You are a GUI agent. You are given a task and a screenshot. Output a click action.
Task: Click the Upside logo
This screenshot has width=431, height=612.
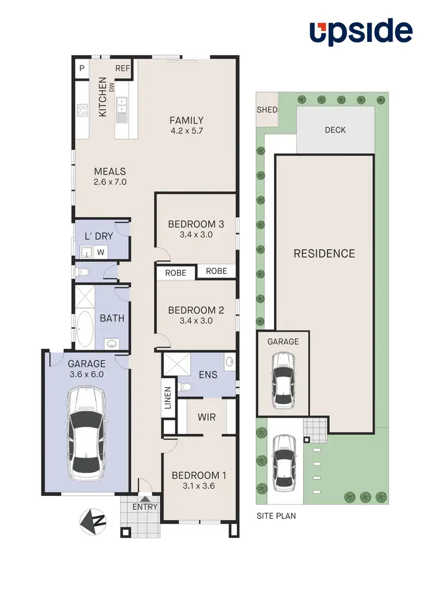(361, 32)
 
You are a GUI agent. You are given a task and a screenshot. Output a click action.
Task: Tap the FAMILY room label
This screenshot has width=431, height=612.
(186, 120)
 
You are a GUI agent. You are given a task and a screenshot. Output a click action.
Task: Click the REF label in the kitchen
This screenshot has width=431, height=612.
(123, 68)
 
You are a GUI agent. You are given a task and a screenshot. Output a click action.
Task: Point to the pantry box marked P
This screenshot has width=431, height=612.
(82, 68)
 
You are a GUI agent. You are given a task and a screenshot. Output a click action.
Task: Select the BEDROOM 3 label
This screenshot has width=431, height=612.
(196, 224)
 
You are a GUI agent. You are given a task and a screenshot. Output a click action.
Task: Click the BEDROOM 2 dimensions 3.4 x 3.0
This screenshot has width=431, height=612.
(196, 321)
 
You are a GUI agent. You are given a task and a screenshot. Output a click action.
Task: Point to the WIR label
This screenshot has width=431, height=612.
(206, 417)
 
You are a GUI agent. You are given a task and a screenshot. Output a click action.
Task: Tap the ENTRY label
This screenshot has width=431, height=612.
(144, 506)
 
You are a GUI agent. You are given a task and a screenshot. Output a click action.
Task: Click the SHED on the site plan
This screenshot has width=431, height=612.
(267, 110)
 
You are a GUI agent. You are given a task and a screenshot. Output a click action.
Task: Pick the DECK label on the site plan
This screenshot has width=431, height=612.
(335, 130)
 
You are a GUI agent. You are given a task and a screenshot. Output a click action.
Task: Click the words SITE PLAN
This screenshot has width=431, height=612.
(276, 515)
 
